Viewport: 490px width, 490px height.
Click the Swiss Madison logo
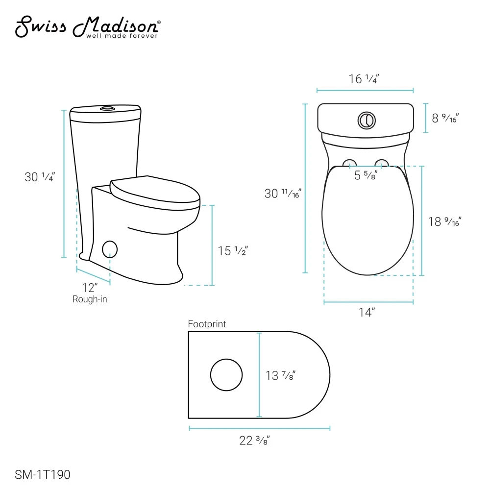point(88,27)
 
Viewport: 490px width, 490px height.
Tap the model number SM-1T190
point(43,474)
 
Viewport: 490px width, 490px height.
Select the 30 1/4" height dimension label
point(40,177)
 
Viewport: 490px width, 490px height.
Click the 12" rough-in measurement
point(90,288)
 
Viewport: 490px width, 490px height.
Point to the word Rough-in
point(90,299)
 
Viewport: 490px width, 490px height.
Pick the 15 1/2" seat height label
point(233,250)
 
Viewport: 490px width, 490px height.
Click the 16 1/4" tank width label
point(364,79)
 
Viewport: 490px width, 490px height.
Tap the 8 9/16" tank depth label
point(445,118)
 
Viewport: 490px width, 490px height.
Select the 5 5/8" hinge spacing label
point(366,175)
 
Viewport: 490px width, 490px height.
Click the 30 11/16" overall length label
point(283,194)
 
